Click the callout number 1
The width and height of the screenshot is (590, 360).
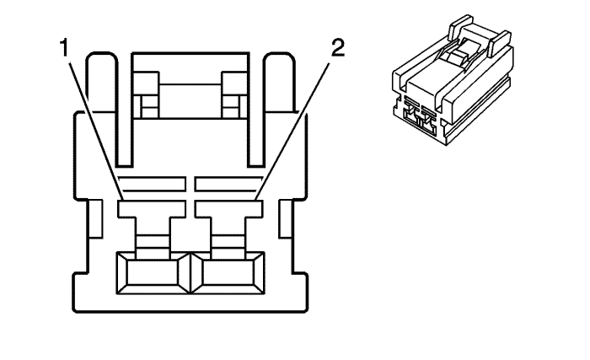65,48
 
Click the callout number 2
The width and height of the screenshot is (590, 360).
337,48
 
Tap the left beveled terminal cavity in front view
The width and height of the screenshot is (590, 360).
153,273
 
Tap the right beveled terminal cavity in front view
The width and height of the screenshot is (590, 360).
228,273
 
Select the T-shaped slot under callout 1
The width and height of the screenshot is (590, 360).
152,226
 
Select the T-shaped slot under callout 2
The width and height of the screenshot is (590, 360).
228,226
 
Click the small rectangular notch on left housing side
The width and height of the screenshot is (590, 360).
95,218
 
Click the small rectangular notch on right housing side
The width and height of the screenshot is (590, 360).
286,218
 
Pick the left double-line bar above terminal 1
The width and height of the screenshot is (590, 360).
152,184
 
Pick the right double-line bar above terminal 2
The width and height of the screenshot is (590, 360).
228,184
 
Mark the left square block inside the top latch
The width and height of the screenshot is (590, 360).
146,95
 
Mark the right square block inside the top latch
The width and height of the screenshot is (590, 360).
235,95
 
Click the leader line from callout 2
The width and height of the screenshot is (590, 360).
292,131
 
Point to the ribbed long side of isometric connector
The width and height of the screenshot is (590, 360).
479,110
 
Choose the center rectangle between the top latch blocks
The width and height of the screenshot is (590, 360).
190,101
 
